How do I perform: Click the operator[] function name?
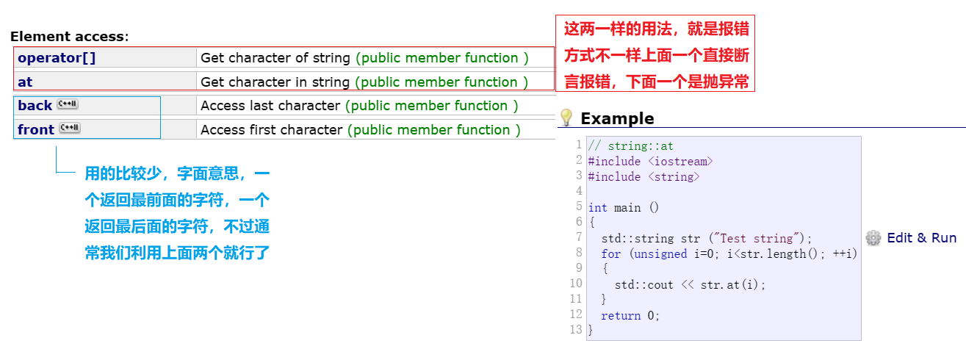tap(57, 58)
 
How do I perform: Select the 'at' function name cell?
tap(25, 82)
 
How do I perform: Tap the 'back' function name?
tap(35, 106)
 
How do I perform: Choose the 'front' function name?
tap(36, 130)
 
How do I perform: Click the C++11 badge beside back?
tap(68, 105)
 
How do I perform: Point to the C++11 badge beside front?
tap(70, 129)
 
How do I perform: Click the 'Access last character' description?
tap(270, 106)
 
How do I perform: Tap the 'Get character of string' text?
tap(276, 58)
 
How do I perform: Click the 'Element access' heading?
tap(68, 37)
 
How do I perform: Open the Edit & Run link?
tap(921, 237)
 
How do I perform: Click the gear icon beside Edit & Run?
tap(873, 237)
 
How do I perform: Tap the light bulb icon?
tap(566, 118)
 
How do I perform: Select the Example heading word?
tap(617, 118)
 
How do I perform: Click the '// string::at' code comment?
tap(631, 146)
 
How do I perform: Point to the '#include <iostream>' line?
tap(650, 162)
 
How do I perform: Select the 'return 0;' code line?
tap(630, 316)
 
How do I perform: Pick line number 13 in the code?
tap(576, 330)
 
